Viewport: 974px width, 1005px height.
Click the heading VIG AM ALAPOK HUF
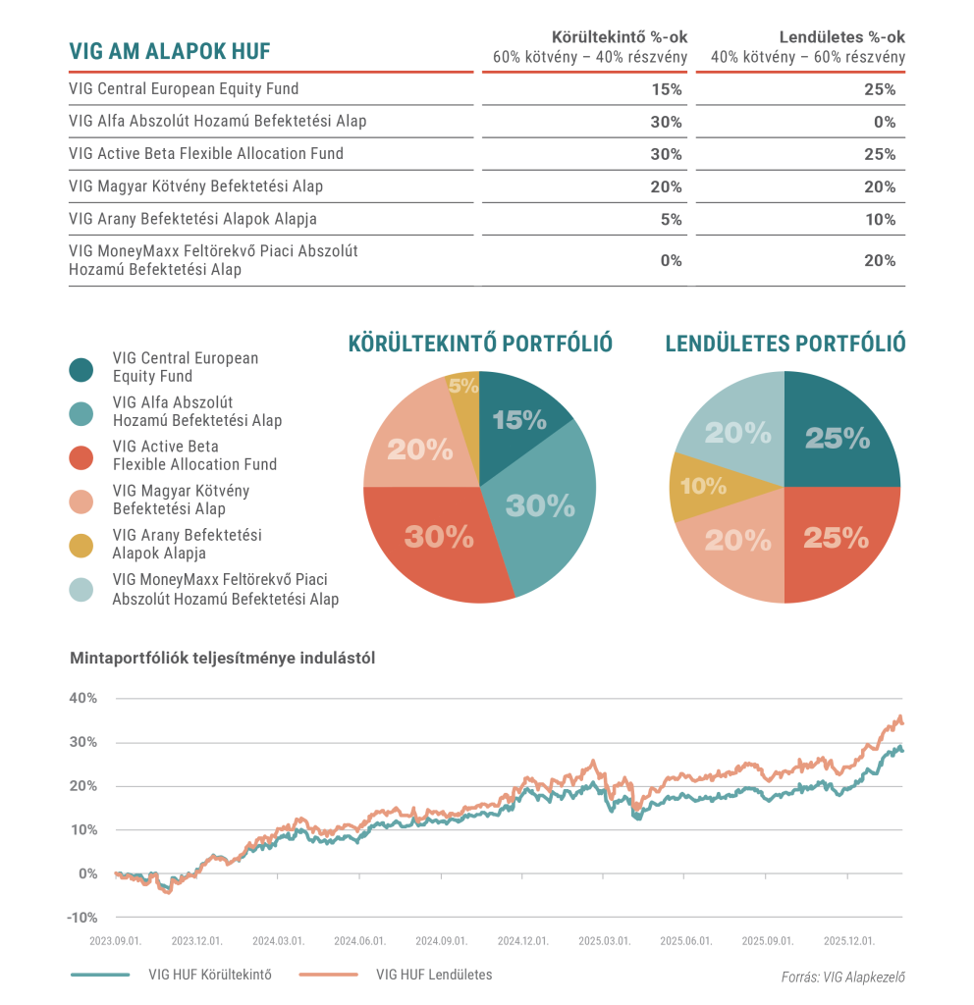(170, 51)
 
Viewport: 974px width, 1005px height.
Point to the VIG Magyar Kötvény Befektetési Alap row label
(196, 186)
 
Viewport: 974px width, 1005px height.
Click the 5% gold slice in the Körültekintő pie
(462, 386)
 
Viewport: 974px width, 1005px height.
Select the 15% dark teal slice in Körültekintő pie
(520, 417)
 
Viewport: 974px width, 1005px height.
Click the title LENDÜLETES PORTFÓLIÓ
(785, 344)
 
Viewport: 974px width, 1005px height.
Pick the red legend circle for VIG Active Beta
(81, 456)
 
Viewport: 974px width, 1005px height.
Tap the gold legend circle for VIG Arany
(81, 545)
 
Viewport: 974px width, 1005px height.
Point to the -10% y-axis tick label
(82, 918)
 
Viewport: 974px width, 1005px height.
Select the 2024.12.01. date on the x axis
(521, 940)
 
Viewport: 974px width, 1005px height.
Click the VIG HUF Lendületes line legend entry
(396, 975)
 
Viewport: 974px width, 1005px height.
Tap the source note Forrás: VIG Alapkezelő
(842, 977)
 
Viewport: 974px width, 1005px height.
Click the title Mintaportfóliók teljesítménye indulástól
(222, 658)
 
